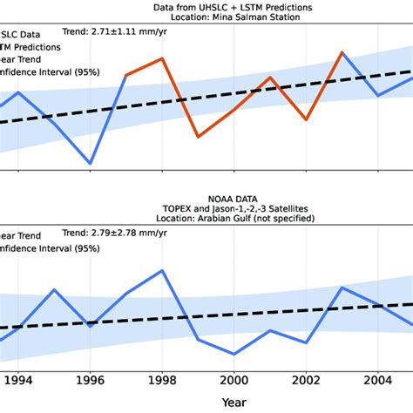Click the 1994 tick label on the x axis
[18, 380]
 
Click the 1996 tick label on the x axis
[90, 380]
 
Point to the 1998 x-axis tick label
[162, 380]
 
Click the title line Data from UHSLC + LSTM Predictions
[234, 7]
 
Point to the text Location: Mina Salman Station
[234, 18]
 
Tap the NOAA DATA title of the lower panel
[234, 199]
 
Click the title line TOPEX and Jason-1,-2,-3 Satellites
[234, 210]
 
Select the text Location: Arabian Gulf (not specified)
[234, 221]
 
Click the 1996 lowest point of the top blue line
[90, 163]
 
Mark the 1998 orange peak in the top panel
[162, 58]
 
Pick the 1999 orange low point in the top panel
[199, 137]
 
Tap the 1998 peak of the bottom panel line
[162, 270]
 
